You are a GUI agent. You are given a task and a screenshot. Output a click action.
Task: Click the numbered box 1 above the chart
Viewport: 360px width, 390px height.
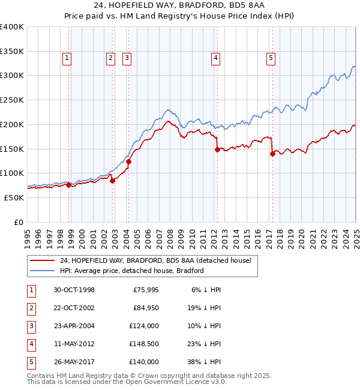point(66,58)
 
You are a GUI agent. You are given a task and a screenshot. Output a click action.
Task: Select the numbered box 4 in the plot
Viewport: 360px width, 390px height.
point(215,58)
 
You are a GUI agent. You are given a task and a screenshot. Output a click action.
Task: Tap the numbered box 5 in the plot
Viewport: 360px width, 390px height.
point(271,58)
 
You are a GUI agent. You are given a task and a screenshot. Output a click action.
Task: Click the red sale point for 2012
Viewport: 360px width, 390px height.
point(217,150)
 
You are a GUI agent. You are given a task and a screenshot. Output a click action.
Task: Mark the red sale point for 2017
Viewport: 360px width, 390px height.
point(272,154)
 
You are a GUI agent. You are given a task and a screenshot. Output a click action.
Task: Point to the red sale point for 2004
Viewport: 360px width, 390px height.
point(128,161)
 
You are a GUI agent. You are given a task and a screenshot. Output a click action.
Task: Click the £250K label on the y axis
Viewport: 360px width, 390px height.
point(12,100)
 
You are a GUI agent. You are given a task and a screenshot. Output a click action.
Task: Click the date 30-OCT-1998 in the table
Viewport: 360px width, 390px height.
point(74,290)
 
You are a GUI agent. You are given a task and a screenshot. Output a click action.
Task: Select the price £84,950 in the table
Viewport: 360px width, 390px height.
point(144,308)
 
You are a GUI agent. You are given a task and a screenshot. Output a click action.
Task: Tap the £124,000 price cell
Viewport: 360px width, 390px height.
point(144,326)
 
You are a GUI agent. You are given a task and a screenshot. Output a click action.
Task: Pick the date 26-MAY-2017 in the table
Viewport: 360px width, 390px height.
point(74,362)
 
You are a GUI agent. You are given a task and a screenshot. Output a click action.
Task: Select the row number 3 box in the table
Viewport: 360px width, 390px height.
point(31,326)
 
